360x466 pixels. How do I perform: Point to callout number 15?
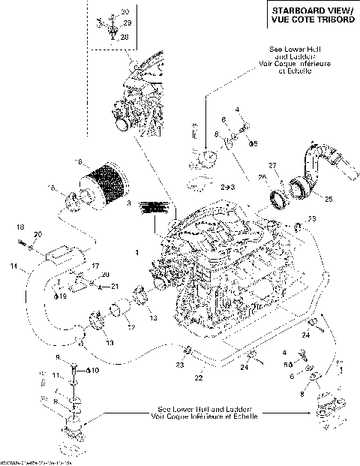52,187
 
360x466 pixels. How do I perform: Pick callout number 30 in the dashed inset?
125,13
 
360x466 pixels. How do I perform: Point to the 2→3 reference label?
226,185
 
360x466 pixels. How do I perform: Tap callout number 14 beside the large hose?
13,266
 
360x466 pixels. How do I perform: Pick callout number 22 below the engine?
198,377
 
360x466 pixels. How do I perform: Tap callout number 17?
94,265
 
